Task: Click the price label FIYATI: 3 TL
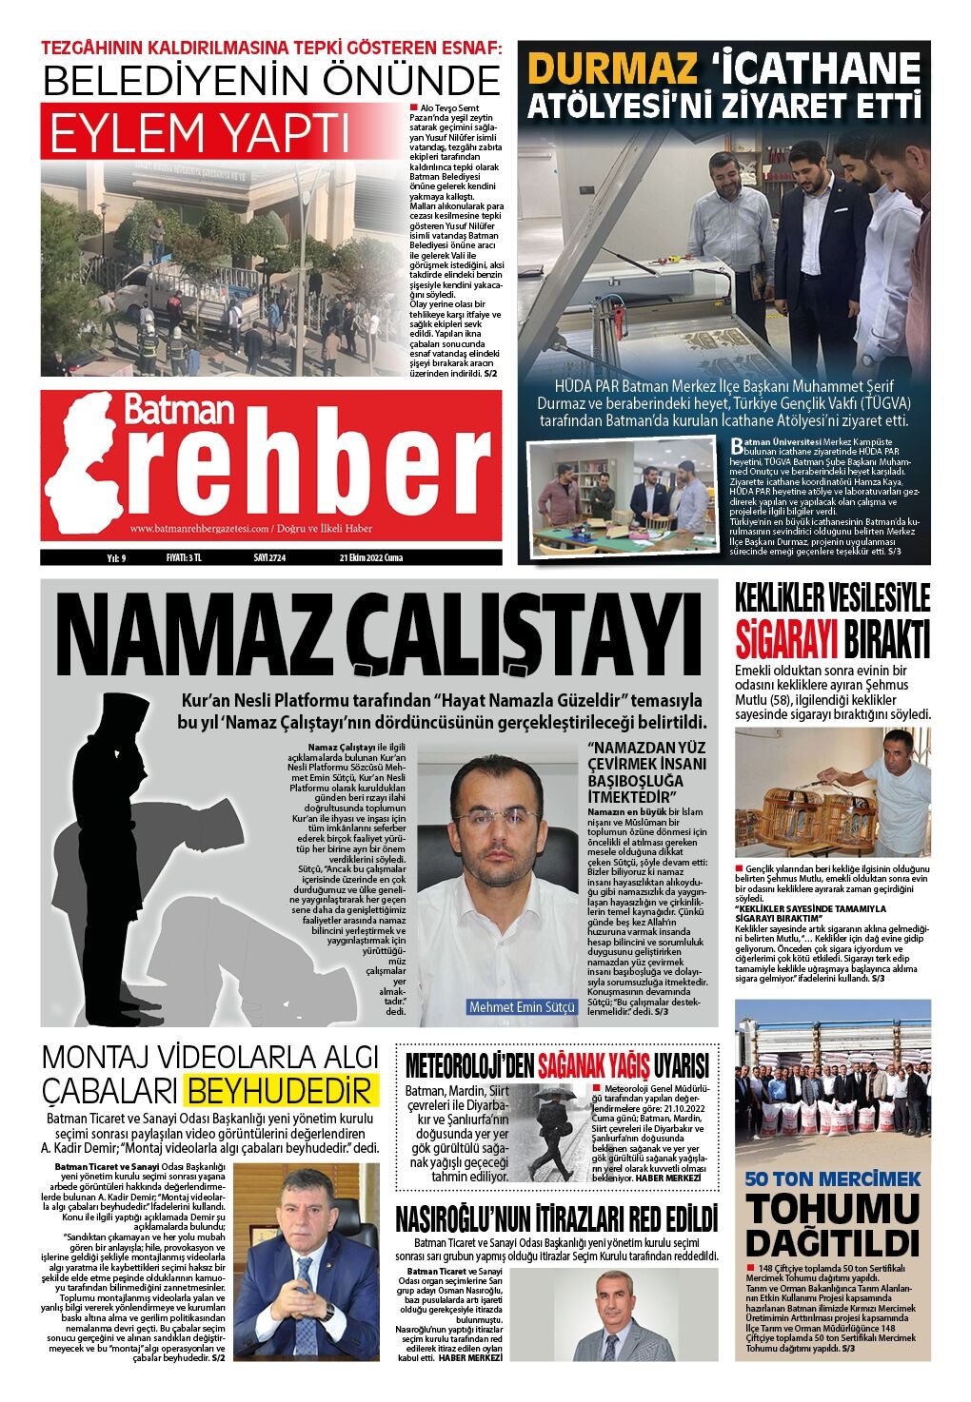pyautogui.click(x=183, y=557)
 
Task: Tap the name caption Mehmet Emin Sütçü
pyautogui.click(x=522, y=1006)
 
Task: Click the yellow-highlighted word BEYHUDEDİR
pyautogui.click(x=282, y=1089)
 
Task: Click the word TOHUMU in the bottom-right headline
pyautogui.click(x=833, y=1209)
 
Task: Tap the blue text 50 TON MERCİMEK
pyautogui.click(x=833, y=1178)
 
